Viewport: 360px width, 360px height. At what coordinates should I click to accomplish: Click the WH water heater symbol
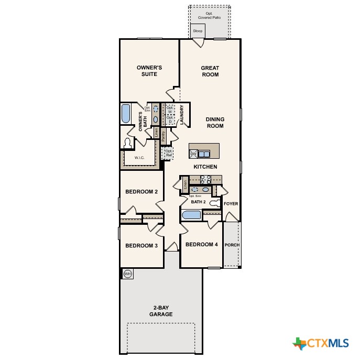coord(127,274)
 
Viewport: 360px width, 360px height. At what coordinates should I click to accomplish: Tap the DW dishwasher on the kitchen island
coord(193,154)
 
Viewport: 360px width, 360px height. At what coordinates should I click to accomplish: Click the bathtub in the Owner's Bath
coord(126,114)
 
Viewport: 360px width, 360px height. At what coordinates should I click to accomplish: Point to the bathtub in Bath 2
coord(191,215)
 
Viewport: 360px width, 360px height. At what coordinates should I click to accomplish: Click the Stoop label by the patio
coord(198,31)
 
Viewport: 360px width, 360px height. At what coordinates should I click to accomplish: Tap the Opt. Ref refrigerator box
coord(168,153)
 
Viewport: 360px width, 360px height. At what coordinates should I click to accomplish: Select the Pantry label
coord(163,136)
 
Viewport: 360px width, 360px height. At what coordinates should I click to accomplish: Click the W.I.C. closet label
coord(139,158)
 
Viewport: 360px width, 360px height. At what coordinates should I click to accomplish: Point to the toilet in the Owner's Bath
coord(128,143)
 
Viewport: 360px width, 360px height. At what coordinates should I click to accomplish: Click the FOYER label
coord(231,203)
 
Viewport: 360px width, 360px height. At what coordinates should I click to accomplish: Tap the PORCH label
coord(232,245)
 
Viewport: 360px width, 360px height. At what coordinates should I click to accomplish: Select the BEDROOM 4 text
coord(202,244)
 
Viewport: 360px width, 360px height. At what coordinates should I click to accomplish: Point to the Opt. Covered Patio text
coord(209,15)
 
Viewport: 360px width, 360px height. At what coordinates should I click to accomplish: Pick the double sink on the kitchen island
coord(204,154)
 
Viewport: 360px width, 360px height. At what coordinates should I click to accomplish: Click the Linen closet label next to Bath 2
coord(186,184)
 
